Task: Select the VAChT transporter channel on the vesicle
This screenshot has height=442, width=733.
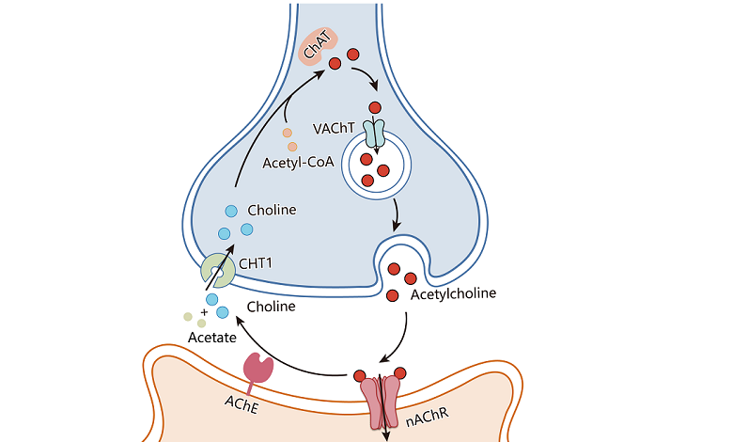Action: click(375, 133)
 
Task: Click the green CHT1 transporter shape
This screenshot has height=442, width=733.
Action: click(218, 271)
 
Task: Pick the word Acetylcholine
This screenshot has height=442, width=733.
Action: click(454, 294)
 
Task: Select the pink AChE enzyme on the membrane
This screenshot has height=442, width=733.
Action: click(257, 369)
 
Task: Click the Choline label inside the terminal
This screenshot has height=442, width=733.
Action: click(271, 210)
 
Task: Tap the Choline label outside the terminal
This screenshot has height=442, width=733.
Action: click(271, 307)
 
